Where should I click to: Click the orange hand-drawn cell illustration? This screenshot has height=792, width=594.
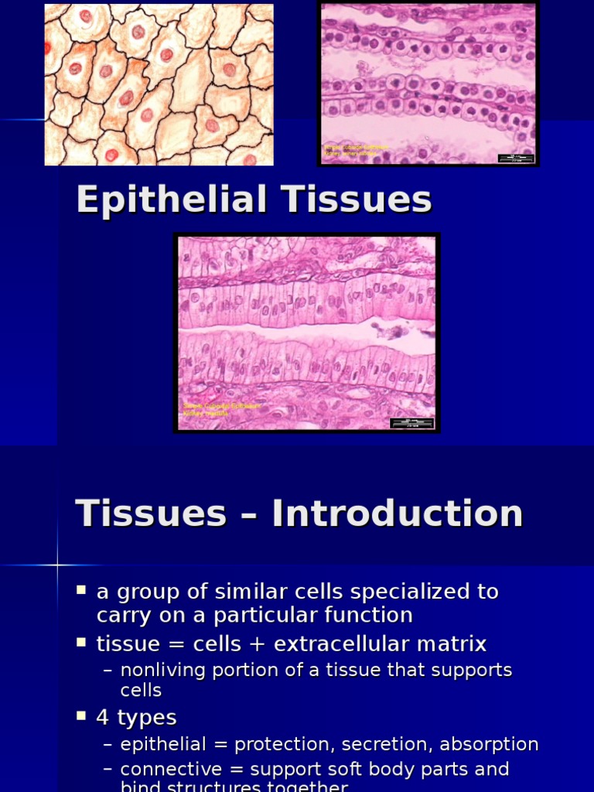(x=159, y=84)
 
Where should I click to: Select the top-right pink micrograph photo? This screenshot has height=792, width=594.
(x=428, y=84)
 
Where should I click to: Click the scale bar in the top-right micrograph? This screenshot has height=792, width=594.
(x=516, y=158)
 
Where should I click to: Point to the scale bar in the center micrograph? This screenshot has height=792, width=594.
(x=411, y=423)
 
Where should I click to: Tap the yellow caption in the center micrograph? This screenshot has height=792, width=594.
(x=220, y=409)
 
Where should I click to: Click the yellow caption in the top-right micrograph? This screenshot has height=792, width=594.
(x=356, y=149)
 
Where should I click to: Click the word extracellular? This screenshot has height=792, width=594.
(x=341, y=643)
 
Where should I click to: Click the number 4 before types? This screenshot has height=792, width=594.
(x=102, y=717)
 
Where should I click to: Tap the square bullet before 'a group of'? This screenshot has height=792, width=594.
(x=81, y=591)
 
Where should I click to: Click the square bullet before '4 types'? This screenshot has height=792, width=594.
(x=81, y=716)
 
